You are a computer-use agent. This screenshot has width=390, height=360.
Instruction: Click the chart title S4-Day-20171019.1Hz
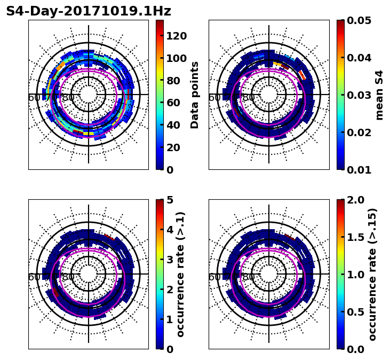89,11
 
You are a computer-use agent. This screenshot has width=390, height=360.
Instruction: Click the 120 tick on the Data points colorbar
176,36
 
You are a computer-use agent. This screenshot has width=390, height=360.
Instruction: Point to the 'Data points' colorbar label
195,95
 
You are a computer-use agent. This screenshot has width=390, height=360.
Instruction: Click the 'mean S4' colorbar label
379,95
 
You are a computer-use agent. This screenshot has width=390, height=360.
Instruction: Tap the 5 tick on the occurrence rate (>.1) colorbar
170,200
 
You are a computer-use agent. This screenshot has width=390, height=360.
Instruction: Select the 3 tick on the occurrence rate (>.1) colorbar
170,260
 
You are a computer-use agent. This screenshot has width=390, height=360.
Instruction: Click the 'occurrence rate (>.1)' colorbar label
180,274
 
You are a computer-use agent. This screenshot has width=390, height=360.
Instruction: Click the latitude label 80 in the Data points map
68,98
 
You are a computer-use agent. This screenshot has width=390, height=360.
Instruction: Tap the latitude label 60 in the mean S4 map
214,98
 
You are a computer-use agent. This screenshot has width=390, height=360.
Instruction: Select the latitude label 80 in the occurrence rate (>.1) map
68,277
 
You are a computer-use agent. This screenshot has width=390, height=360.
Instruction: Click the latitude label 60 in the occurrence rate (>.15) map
214,277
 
